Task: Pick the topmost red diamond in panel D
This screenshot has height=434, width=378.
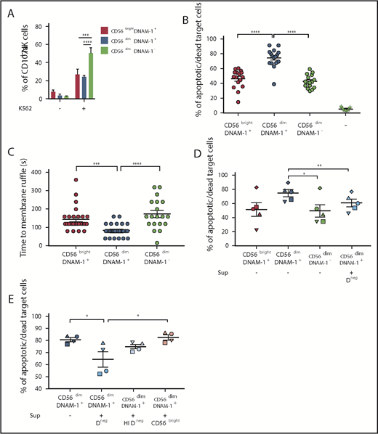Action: [247, 187]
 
